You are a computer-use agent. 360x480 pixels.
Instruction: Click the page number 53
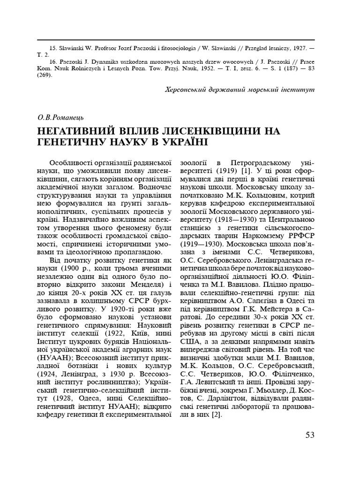[x=310, y=435]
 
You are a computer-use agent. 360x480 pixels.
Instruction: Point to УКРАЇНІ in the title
[x=179, y=142]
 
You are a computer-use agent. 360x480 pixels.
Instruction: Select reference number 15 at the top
[x=52, y=48]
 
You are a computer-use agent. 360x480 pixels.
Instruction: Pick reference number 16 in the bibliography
[x=52, y=61]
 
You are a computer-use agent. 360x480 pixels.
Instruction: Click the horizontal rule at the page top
[x=180, y=40]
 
